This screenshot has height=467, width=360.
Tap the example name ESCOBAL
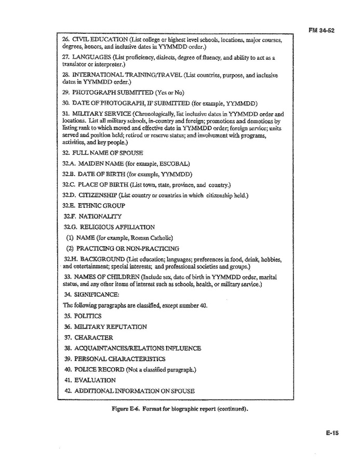[x=172, y=164]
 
